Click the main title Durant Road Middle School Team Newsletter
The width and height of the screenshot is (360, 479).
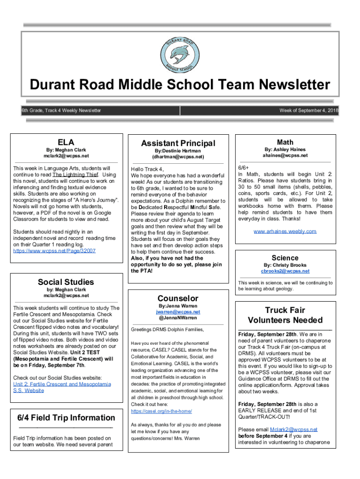coord(180,85)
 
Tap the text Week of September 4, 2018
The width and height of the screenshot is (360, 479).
coord(309,110)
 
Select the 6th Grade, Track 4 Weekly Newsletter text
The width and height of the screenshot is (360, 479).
coord(61,110)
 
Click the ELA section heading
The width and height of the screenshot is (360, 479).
coord(66,142)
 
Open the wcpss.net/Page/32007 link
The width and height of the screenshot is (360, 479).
coord(55,251)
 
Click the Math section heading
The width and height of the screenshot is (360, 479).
coord(285,142)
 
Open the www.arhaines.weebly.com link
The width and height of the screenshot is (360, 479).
coord(285,231)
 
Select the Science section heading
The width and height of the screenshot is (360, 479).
coord(285,258)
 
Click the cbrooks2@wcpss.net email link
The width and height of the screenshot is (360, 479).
coord(285,271)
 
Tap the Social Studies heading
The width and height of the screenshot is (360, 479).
coord(66,282)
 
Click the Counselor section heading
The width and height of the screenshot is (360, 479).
coord(178,298)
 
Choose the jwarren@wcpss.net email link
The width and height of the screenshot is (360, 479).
coord(178,312)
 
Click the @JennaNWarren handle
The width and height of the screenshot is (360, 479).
coord(178,318)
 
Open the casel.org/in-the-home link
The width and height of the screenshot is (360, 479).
coord(161,411)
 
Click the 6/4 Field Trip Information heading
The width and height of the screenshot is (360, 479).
coord(66,418)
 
